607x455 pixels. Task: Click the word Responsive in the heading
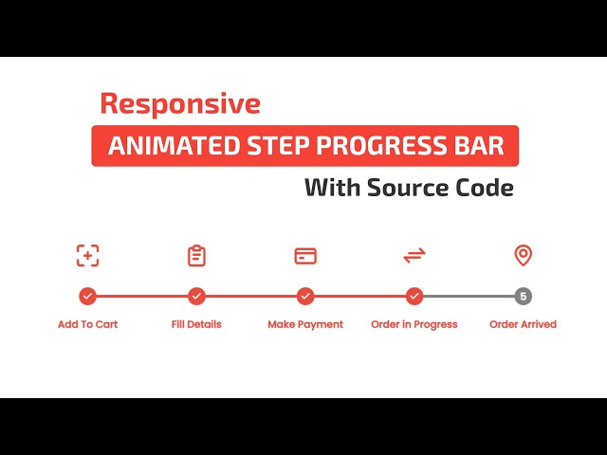pyautogui.click(x=179, y=102)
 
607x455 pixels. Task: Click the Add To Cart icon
pyautogui.click(x=87, y=255)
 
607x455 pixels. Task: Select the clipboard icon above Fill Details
pyautogui.click(x=196, y=255)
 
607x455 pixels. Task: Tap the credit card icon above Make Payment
pyautogui.click(x=305, y=256)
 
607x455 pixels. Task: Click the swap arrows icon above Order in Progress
pyautogui.click(x=414, y=255)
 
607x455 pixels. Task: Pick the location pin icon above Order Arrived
pyautogui.click(x=523, y=255)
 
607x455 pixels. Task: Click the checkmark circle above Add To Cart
pyautogui.click(x=87, y=296)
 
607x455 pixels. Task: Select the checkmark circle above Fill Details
pyautogui.click(x=196, y=296)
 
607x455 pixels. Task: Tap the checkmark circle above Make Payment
pyautogui.click(x=305, y=296)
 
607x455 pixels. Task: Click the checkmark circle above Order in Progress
pyautogui.click(x=414, y=296)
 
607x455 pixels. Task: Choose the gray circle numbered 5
pyautogui.click(x=523, y=296)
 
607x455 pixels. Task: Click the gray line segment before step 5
pyautogui.click(x=469, y=296)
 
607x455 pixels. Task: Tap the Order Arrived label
pyautogui.click(x=523, y=324)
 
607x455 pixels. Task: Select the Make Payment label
pyautogui.click(x=305, y=324)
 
